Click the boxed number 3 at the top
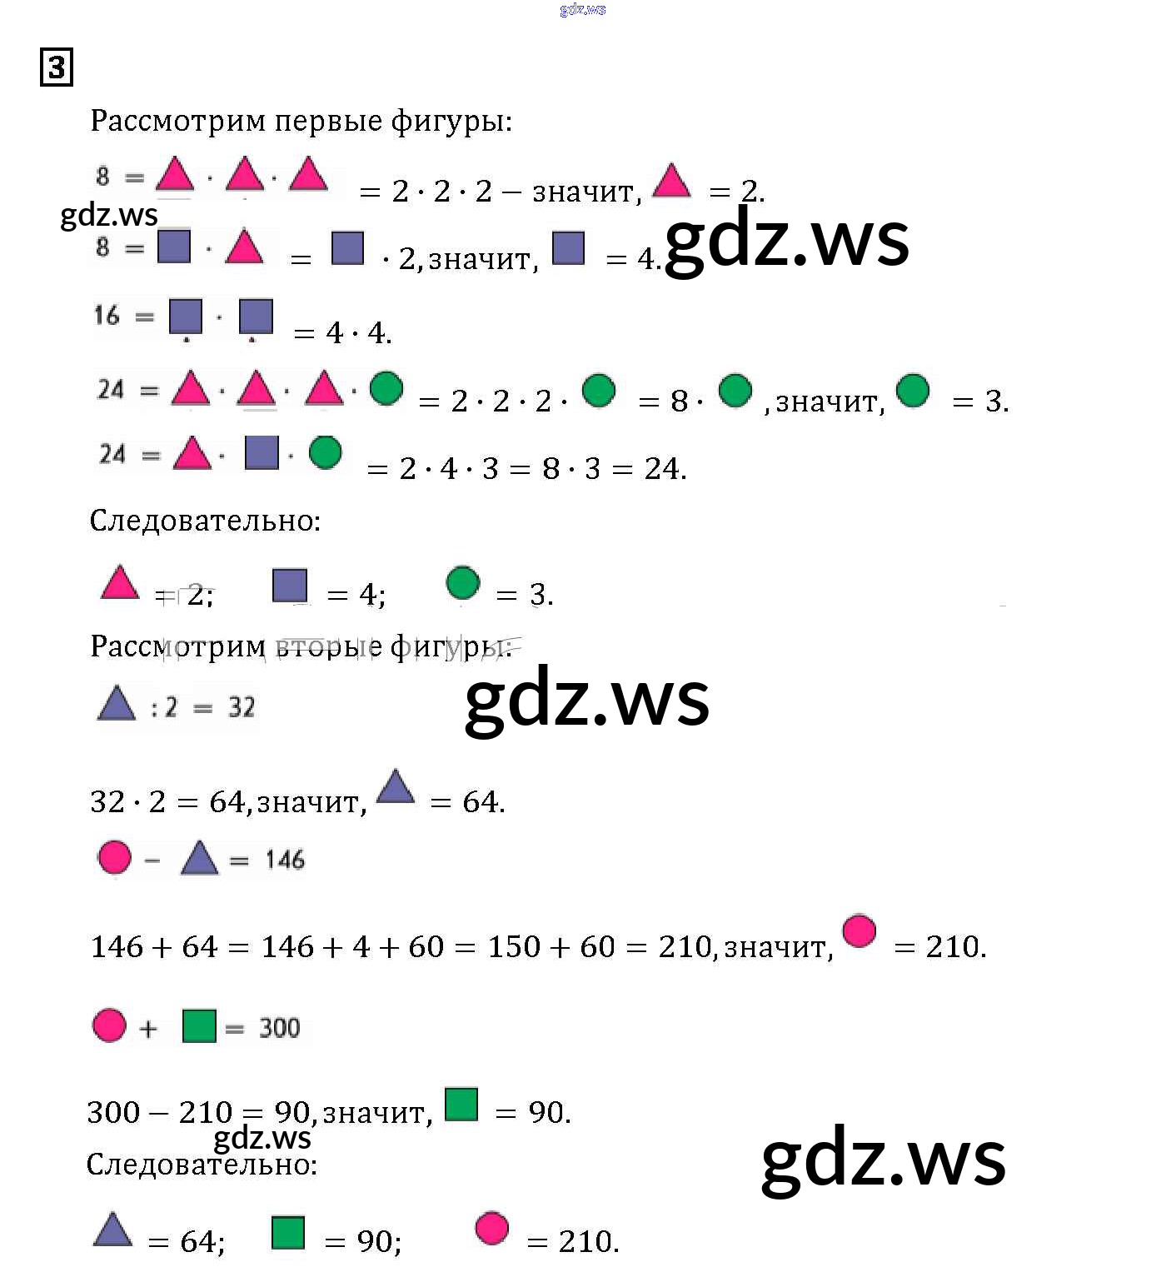click(57, 67)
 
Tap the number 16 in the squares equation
click(107, 316)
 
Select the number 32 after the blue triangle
click(242, 707)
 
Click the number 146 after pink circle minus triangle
click(285, 860)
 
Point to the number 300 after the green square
click(279, 1028)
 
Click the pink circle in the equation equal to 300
click(109, 1025)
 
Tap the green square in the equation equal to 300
click(199, 1026)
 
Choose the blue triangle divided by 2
click(117, 703)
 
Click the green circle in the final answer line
click(462, 582)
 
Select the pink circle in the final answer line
click(491, 1228)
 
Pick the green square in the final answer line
click(288, 1233)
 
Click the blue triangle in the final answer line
click(113, 1230)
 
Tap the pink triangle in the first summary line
click(120, 583)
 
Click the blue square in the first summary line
click(290, 585)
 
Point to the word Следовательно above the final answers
click(202, 1165)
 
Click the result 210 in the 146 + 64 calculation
click(685, 947)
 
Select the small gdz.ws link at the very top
click(583, 10)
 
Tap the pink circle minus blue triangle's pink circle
click(114, 857)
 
